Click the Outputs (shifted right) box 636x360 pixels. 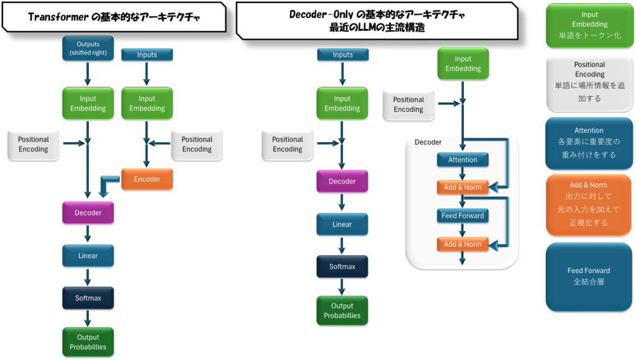(x=88, y=48)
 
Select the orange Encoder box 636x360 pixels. (x=147, y=179)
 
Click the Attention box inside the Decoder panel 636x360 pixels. (x=462, y=160)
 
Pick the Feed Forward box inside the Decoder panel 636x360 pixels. (x=462, y=216)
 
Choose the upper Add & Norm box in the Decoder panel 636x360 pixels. (x=462, y=187)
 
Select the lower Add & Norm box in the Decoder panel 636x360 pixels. (x=462, y=244)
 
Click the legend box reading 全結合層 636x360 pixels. (x=589, y=277)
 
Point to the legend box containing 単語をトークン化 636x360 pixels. (x=589, y=25)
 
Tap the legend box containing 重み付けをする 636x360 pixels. (x=589, y=143)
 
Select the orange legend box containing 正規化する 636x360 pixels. (x=589, y=204)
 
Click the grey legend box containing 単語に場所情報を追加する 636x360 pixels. (x=589, y=83)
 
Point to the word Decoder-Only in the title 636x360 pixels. (x=321, y=14)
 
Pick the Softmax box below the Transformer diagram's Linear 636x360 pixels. (x=88, y=298)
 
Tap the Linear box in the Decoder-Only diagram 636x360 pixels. (x=342, y=224)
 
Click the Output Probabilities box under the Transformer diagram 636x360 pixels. (x=88, y=342)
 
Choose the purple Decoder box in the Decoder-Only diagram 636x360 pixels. (x=342, y=181)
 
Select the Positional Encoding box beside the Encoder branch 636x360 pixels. (x=197, y=145)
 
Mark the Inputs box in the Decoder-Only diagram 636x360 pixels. (x=342, y=55)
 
